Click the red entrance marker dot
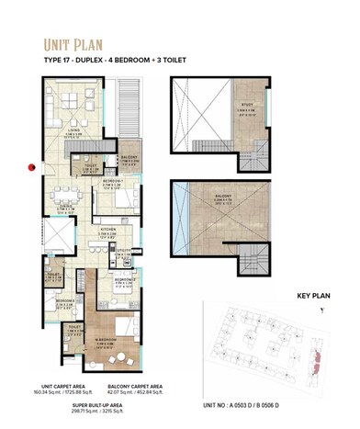tap(31, 167)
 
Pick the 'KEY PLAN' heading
tap(314, 297)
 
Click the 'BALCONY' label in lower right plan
tap(224, 196)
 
